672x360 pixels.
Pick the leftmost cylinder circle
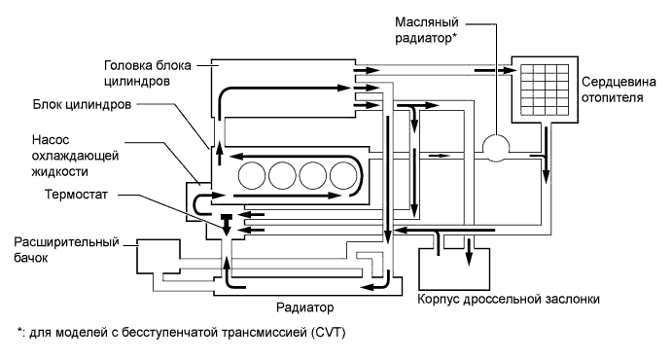[250, 176]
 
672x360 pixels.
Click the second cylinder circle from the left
[282, 176]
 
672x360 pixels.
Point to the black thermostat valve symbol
[227, 218]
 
